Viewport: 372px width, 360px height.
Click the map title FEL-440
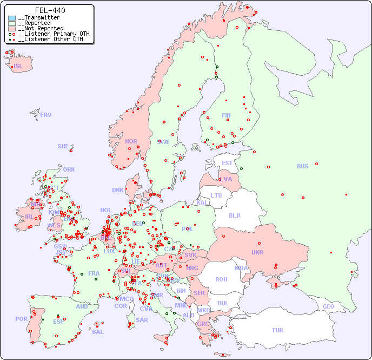pyautogui.click(x=50, y=10)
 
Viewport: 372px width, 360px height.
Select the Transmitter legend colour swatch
pyautogui.click(x=12, y=18)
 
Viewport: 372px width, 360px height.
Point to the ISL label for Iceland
pyautogui.click(x=18, y=67)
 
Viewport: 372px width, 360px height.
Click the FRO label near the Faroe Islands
pyautogui.click(x=46, y=115)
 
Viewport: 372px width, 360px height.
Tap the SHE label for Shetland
pyautogui.click(x=63, y=146)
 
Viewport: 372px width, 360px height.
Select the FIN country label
pyautogui.click(x=226, y=115)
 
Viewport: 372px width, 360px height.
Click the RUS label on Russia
pyautogui.click(x=302, y=166)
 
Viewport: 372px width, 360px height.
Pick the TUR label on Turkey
pyautogui.click(x=277, y=330)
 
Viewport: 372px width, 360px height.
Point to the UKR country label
pyautogui.click(x=257, y=252)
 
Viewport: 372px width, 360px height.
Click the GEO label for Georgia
pyautogui.click(x=328, y=306)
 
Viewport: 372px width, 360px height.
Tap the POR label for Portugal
pyautogui.click(x=21, y=319)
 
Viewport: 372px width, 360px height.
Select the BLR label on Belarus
pyautogui.click(x=235, y=215)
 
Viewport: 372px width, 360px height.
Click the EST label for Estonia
pyautogui.click(x=227, y=163)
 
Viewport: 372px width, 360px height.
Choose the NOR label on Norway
pyautogui.click(x=131, y=141)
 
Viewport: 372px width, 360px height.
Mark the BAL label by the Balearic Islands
pyautogui.click(x=98, y=332)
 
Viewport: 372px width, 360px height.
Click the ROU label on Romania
pyautogui.click(x=221, y=279)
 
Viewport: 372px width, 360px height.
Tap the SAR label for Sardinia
pyautogui.click(x=142, y=319)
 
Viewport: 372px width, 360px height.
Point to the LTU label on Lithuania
pyautogui.click(x=216, y=195)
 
